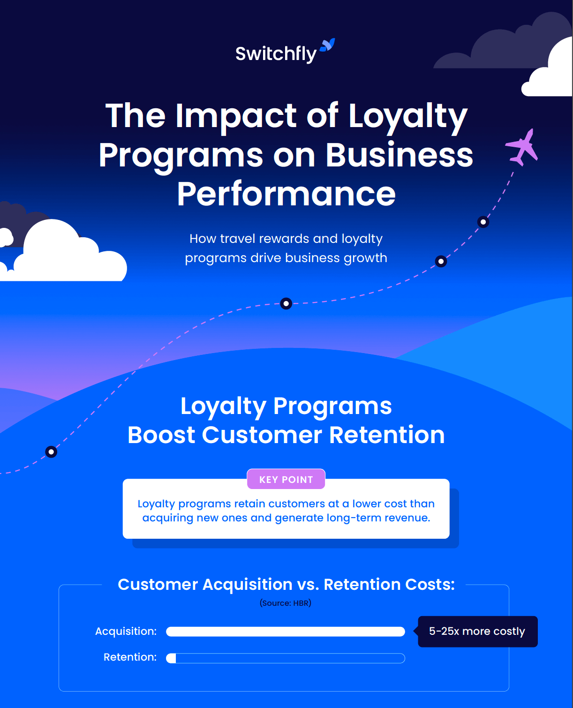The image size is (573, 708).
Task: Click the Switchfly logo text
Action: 276,54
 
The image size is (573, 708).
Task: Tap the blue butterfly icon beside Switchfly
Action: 328,45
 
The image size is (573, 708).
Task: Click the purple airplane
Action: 523,147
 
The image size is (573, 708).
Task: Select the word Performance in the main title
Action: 286,194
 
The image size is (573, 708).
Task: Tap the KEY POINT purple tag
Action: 286,479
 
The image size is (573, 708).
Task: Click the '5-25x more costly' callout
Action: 477,631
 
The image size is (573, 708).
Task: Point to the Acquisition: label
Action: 126,631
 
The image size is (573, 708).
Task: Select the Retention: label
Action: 130,657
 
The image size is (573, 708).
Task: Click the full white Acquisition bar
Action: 285,632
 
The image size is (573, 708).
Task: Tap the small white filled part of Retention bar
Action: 172,658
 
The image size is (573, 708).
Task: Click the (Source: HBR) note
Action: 286,603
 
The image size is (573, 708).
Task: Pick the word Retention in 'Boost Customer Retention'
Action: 387,435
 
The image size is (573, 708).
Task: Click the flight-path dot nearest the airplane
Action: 483,222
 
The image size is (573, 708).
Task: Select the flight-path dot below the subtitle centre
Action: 286,303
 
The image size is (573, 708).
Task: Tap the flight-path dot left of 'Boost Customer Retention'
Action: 51,452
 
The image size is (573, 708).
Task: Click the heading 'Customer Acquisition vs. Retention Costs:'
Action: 286,584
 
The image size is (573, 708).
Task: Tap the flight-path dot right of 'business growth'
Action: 441,261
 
